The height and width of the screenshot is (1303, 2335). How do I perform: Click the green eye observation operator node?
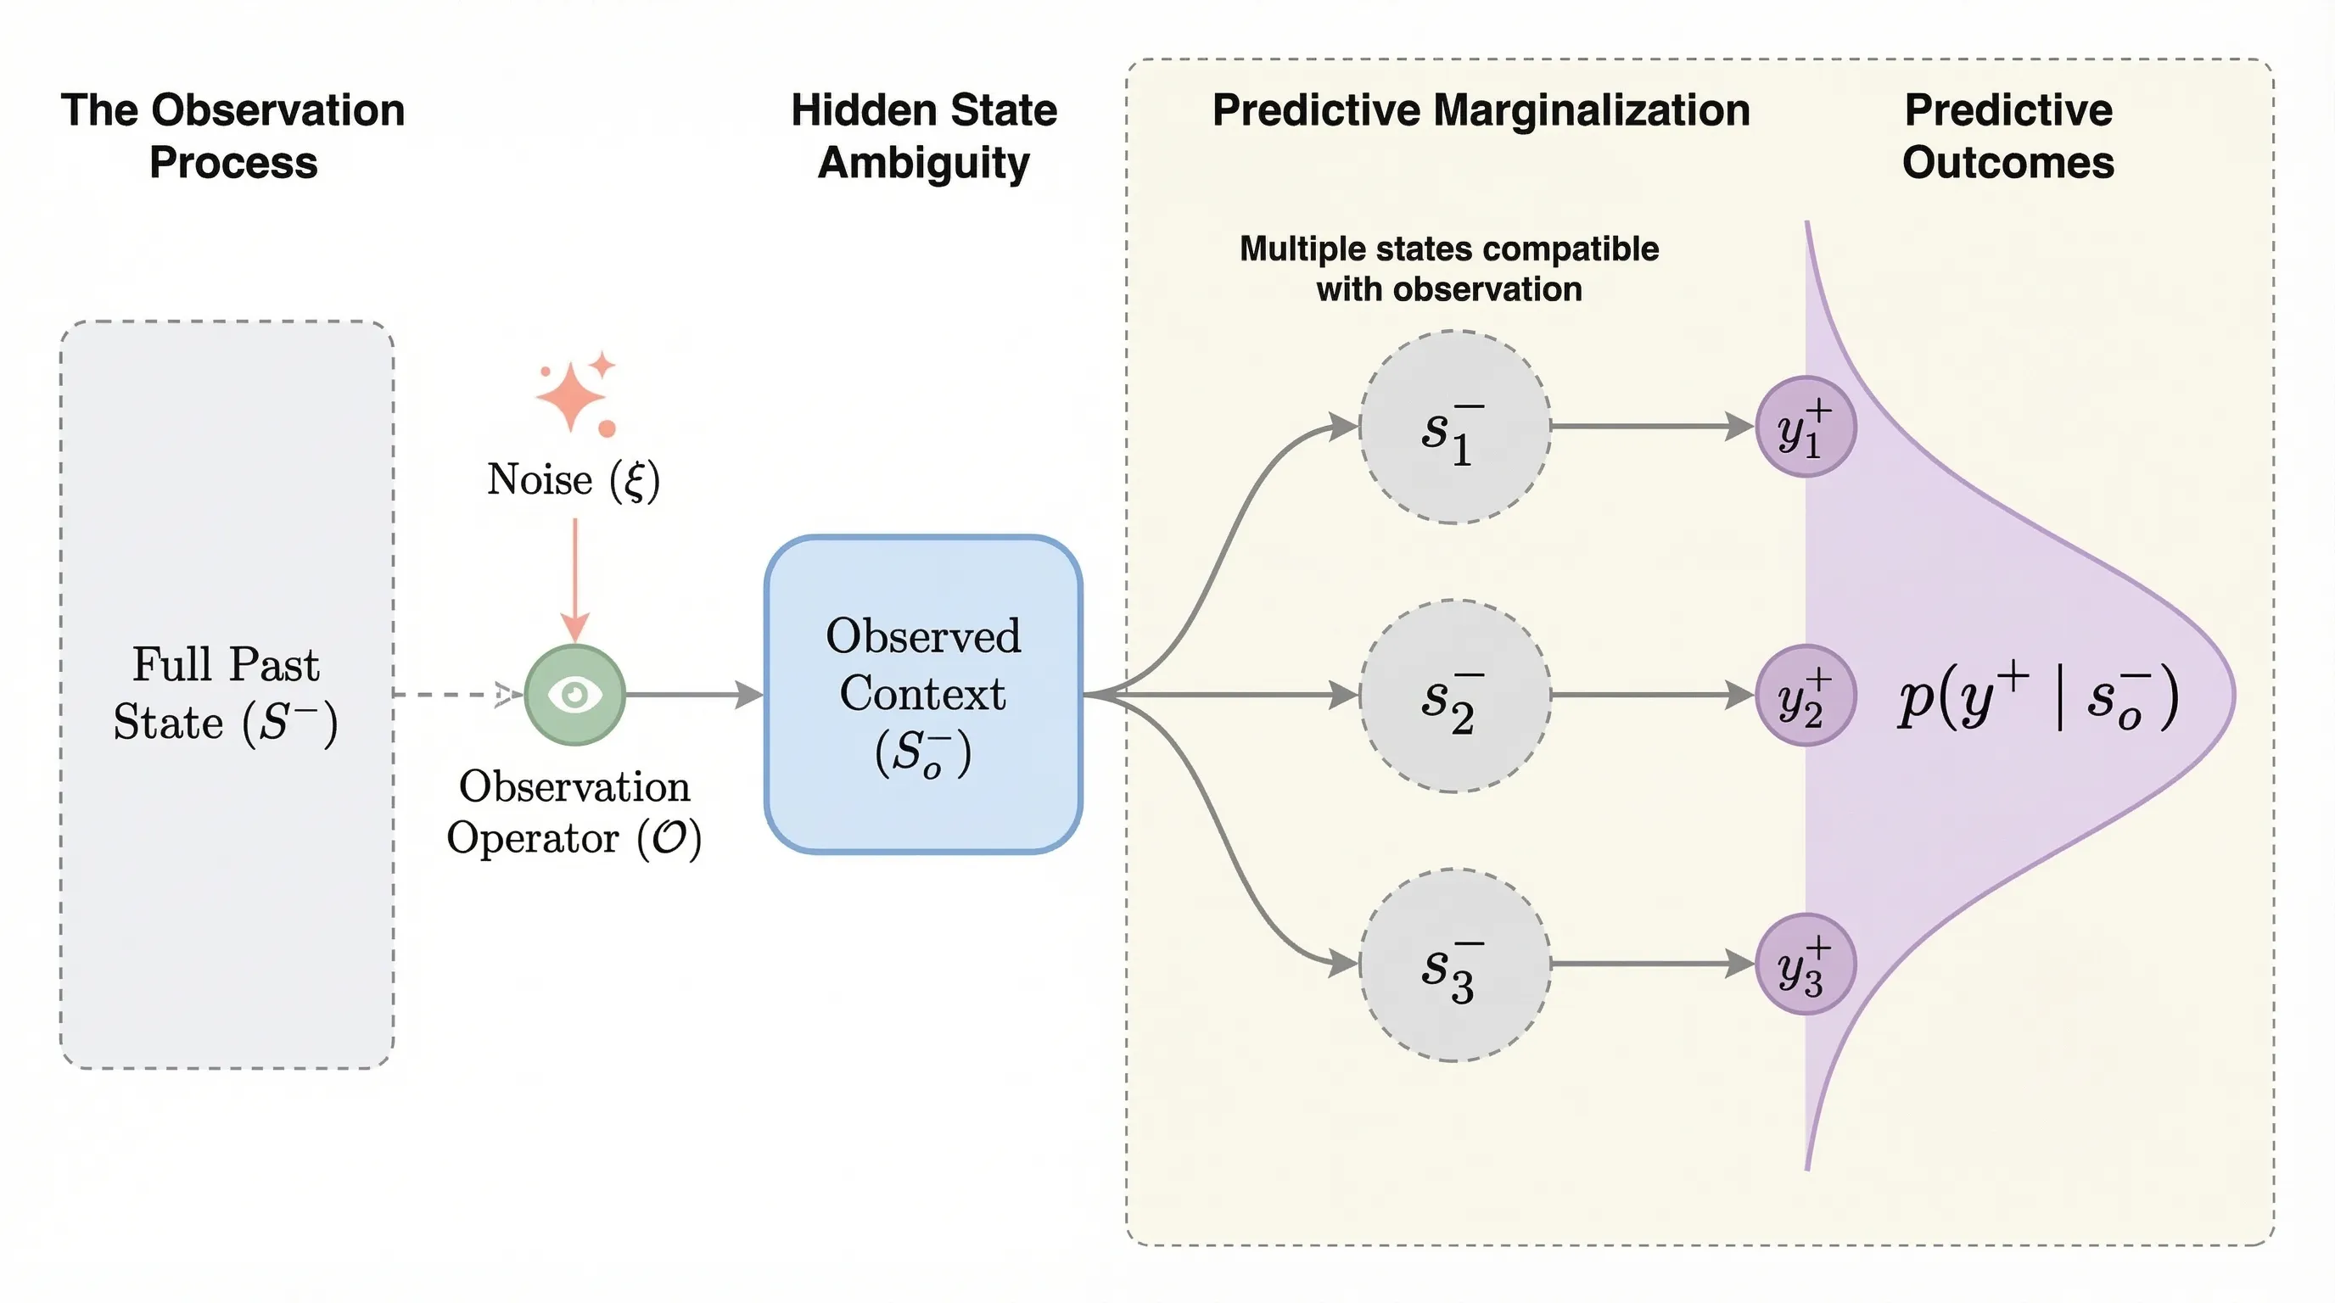(574, 695)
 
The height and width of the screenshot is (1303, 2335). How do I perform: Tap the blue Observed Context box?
(923, 694)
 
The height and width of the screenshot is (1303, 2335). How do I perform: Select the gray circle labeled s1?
(1454, 427)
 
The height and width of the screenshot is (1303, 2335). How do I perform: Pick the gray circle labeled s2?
(1454, 696)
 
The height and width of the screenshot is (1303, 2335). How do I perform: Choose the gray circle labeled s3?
(1454, 965)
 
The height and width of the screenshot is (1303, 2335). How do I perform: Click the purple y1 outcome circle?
(1805, 427)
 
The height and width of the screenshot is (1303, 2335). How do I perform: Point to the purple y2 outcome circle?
(1805, 696)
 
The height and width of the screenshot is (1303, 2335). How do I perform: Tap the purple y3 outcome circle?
(1805, 965)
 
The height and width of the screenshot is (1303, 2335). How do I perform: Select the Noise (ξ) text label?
(573, 479)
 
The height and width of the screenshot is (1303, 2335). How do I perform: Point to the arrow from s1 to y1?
(1649, 426)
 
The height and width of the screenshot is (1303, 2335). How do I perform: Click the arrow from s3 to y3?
(1649, 965)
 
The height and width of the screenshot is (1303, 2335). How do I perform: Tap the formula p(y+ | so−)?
(2038, 696)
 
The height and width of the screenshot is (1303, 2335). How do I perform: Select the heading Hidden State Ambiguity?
(924, 137)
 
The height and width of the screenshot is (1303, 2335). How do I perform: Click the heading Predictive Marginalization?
(1481, 110)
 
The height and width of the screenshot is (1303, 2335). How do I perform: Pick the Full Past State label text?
(226, 694)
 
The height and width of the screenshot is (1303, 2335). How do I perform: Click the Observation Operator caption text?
(574, 812)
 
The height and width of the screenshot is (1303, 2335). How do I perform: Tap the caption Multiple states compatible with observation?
(1448, 269)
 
